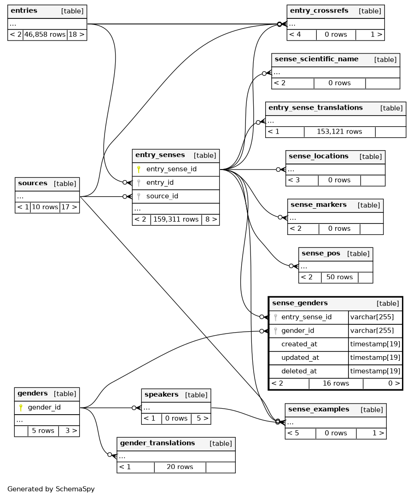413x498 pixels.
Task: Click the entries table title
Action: [24, 11]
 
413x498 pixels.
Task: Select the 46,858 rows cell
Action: [45, 35]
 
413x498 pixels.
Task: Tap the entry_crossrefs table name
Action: [319, 11]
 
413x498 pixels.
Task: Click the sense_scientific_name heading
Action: [316, 59]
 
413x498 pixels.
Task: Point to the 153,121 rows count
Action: [339, 132]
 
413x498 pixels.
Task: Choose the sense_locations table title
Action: [319, 156]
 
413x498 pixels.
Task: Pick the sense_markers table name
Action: [319, 205]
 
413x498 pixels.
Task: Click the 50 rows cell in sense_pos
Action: [339, 277]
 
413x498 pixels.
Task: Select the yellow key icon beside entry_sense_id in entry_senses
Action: [139, 169]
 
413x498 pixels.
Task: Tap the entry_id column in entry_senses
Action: [160, 183]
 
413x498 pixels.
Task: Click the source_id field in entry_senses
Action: [162, 196]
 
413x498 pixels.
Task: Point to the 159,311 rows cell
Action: [175, 219]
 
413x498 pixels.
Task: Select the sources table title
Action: [33, 183]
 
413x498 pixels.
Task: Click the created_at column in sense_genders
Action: [299, 344]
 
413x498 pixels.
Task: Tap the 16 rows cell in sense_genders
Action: [336, 383]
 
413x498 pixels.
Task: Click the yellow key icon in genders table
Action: [20, 408]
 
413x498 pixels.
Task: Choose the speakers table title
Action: [161, 395]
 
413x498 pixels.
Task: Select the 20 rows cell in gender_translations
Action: [180, 467]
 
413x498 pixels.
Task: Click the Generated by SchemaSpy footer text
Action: [51, 489]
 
